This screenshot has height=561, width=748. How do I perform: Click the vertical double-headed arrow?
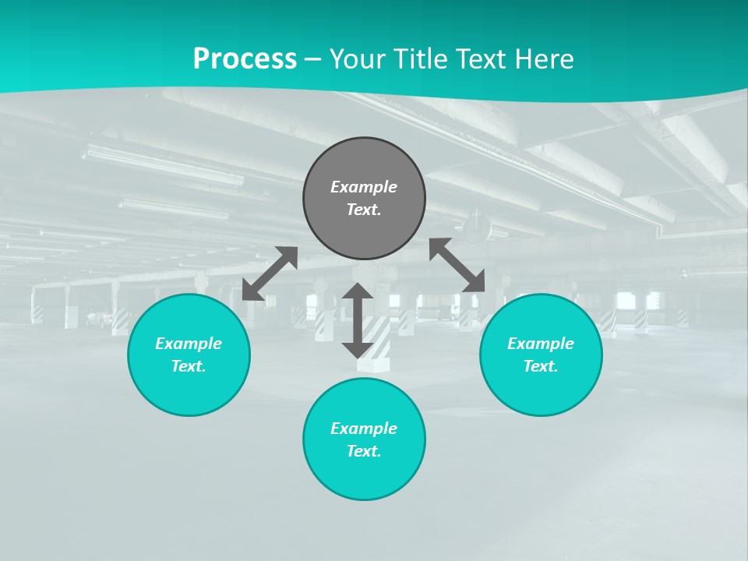358,320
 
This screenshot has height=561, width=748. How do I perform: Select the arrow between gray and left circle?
270,273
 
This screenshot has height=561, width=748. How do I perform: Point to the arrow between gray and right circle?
457,266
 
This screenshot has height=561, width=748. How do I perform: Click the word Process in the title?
245,59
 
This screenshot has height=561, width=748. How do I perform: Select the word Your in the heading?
356,59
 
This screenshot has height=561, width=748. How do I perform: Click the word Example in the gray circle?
364,187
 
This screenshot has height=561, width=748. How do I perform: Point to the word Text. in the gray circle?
364,210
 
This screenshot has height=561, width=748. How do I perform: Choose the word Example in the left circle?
189,344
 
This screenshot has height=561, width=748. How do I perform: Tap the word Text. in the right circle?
541,366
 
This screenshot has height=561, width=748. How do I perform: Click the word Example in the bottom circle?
364,429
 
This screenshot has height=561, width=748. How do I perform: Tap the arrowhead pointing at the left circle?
252,291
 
